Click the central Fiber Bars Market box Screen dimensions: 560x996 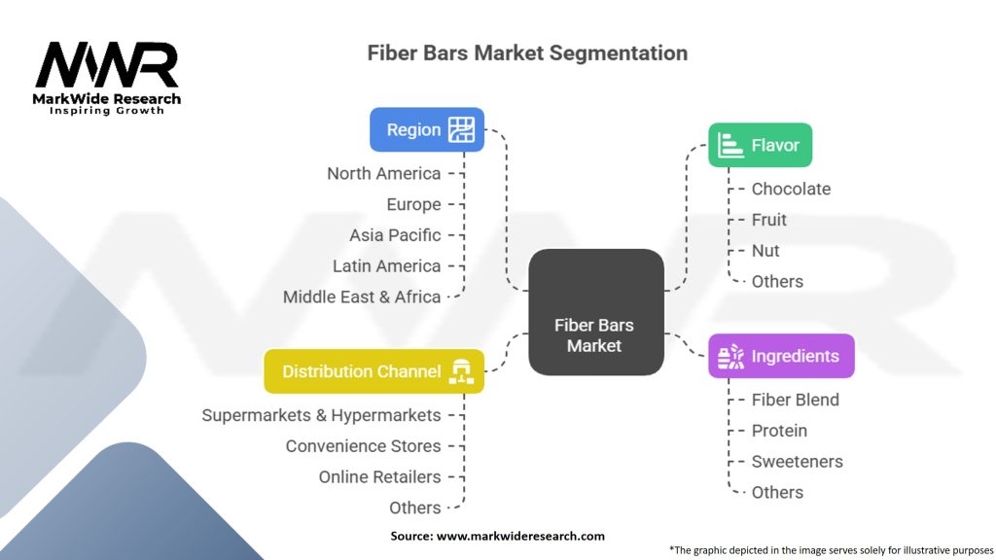tap(595, 312)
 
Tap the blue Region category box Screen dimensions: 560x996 tap(426, 129)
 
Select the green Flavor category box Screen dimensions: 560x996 tap(760, 146)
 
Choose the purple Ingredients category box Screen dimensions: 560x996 tap(781, 357)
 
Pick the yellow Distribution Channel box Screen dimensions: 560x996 tap(373, 371)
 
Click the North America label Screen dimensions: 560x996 tap(383, 173)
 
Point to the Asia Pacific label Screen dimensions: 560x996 tap(395, 235)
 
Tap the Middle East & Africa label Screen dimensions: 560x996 tap(362, 297)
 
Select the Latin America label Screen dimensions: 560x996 tap(386, 265)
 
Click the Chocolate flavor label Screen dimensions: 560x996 tap(791, 189)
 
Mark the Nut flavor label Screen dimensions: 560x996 tap(765, 250)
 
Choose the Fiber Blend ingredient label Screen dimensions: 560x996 tap(795, 400)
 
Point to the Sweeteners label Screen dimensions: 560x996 tap(797, 461)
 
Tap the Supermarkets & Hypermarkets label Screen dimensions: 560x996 tap(321, 415)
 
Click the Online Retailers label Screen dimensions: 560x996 tap(379, 476)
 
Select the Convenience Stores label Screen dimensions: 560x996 tap(363, 446)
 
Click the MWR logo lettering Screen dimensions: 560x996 tap(107, 65)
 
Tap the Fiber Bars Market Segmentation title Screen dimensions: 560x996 tap(527, 52)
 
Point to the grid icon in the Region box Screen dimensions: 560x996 tap(461, 129)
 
